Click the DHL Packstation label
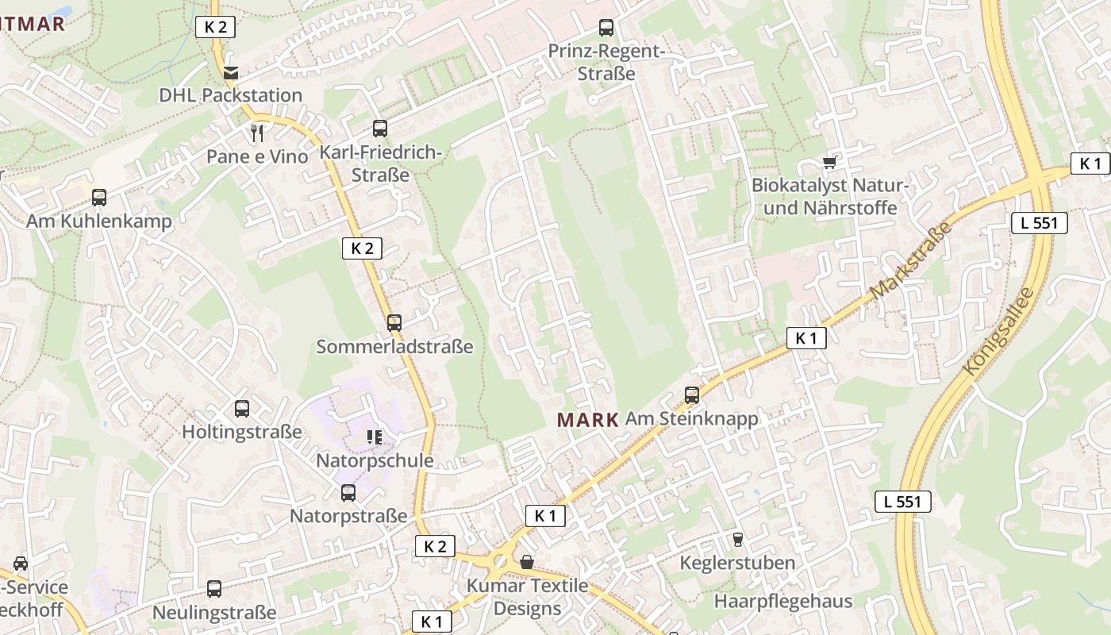[x=230, y=95]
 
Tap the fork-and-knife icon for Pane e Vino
[x=256, y=133]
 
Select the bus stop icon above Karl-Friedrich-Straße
[x=380, y=129]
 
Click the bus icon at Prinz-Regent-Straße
[x=606, y=28]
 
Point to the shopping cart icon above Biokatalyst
[x=830, y=163]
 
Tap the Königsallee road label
[x=998, y=331]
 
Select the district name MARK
[x=587, y=420]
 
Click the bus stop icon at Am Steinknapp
[x=692, y=394]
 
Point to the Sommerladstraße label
[x=394, y=347]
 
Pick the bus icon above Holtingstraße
[x=242, y=409]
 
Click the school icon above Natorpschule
[x=374, y=437]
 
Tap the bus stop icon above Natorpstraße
[x=348, y=493]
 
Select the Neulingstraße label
[x=214, y=613]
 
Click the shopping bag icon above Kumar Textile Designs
[x=526, y=562]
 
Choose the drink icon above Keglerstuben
[x=738, y=540]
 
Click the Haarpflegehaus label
[x=782, y=601]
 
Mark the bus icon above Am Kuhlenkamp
[x=99, y=198]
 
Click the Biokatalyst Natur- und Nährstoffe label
[x=828, y=197]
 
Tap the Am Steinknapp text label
[x=691, y=418]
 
